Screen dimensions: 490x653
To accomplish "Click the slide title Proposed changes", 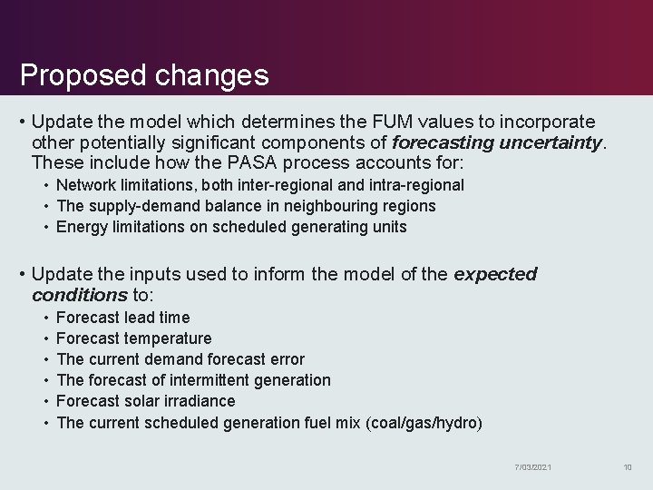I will pos(144,74).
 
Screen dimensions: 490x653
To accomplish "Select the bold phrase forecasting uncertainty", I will pos(497,142).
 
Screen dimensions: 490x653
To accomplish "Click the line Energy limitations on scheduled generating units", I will pos(231,227).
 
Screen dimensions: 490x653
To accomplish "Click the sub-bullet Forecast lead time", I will pos(123,318).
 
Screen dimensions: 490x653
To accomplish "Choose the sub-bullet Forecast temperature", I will pos(134,338).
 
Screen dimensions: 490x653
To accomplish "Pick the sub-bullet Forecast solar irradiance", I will pos(146,401).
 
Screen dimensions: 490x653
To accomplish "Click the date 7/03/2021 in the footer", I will pos(532,467).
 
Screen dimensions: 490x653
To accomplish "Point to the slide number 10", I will pos(627,467).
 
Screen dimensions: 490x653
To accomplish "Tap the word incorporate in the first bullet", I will pos(552,122).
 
